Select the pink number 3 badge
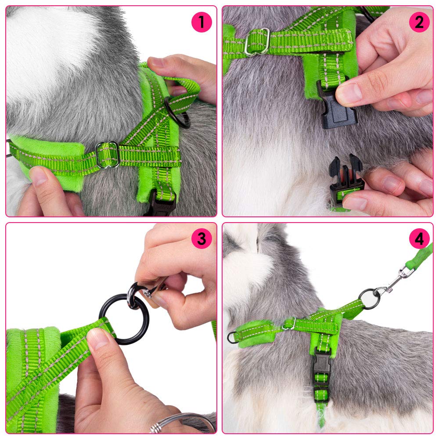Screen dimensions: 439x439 click(202, 239)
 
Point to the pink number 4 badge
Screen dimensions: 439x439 click(419, 239)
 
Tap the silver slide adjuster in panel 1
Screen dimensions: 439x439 click(108, 155)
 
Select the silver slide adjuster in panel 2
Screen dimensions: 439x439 click(257, 42)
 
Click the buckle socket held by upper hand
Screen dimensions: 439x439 click(337, 105)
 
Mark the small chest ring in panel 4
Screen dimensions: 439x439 click(231, 337)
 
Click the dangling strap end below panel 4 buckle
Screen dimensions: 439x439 click(321, 415)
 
